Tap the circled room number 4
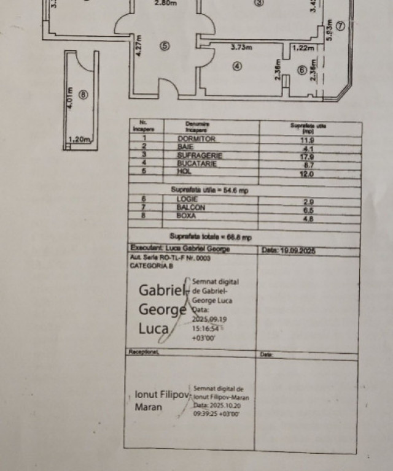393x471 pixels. tap(237, 67)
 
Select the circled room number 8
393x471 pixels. tap(84, 94)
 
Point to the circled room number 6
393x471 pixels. tap(302, 71)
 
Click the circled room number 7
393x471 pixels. tap(340, 25)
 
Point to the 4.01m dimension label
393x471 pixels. tap(71, 97)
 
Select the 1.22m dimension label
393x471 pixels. tap(303, 48)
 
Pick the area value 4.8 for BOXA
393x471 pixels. tap(308, 217)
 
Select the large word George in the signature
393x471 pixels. tap(162, 309)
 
